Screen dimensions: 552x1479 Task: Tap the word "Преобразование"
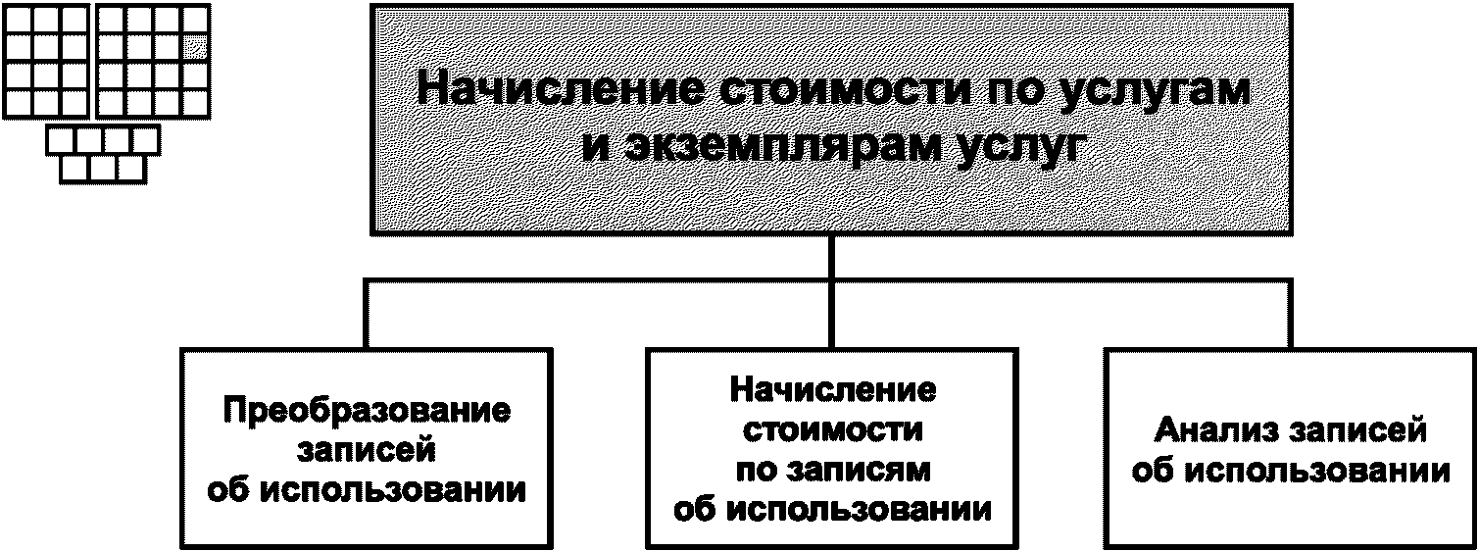click(x=367, y=410)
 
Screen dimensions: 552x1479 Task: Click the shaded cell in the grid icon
click(x=196, y=46)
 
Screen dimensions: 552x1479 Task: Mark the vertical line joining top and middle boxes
click(x=831, y=257)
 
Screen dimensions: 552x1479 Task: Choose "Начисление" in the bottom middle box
click(x=832, y=389)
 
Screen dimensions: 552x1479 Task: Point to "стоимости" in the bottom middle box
click(x=832, y=429)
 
